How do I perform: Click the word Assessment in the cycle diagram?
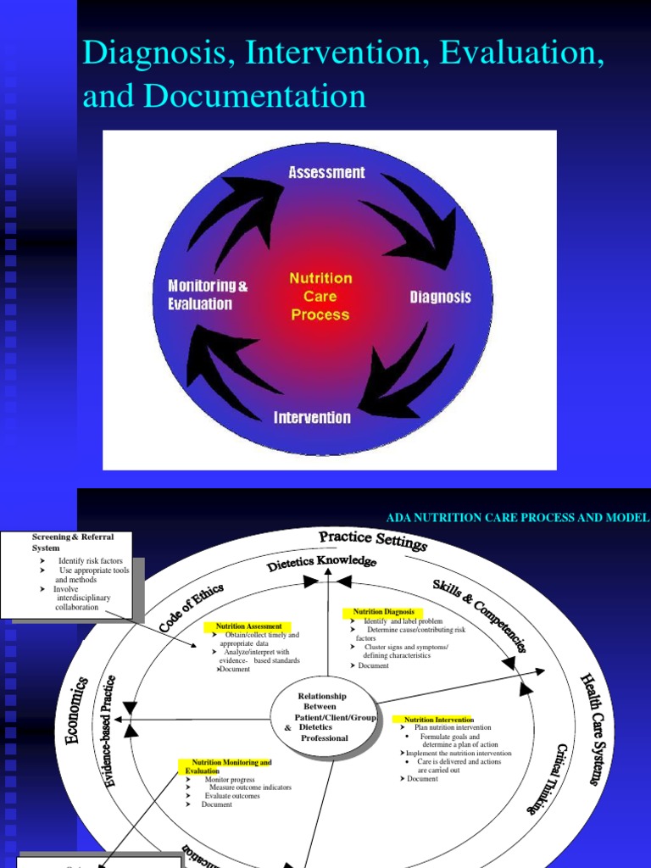(x=326, y=173)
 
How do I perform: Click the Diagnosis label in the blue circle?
(x=440, y=298)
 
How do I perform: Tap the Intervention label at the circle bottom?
(x=312, y=418)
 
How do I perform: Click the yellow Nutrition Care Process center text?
(x=320, y=296)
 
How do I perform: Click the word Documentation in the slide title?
(x=254, y=97)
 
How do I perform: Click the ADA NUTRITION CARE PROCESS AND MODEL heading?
(x=517, y=518)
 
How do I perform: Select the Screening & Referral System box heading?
(x=72, y=542)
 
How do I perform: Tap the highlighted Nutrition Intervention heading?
(x=437, y=720)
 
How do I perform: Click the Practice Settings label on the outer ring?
(x=372, y=541)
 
